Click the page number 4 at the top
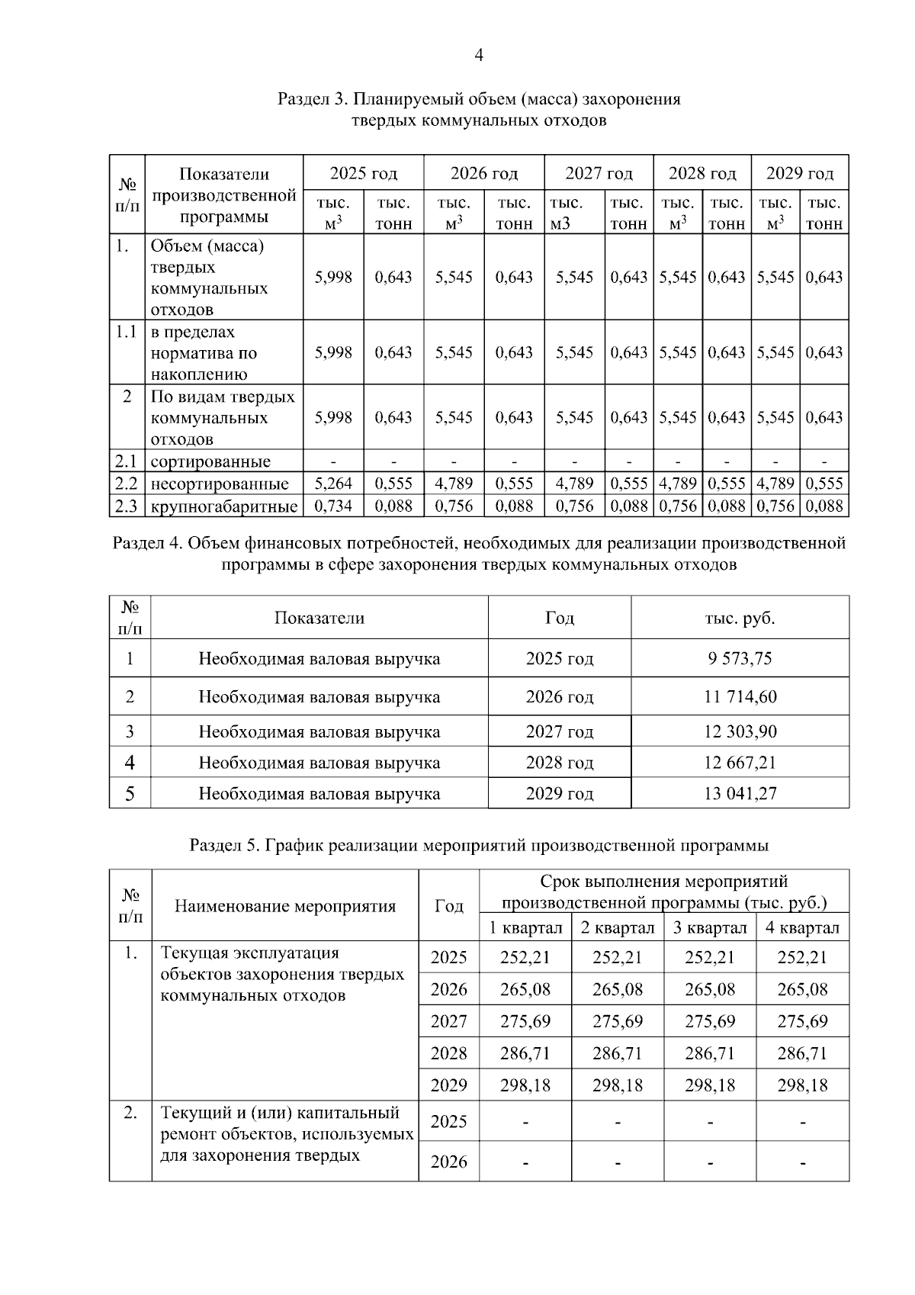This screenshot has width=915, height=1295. [478, 55]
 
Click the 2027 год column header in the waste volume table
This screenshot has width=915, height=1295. [599, 174]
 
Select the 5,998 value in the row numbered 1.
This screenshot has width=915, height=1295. [333, 278]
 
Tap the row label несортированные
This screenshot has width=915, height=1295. [220, 484]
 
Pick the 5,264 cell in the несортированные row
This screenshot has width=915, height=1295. [333, 484]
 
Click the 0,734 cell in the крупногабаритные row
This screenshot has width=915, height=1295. [333, 506]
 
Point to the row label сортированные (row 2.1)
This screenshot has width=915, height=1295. [210, 462]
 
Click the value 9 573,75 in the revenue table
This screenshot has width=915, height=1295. [740, 658]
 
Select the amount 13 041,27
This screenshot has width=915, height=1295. [740, 793]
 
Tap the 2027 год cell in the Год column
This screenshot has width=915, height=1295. [559, 732]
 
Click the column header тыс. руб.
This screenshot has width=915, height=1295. [740, 618]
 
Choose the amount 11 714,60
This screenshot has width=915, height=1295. [740, 697]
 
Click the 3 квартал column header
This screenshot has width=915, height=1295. [709, 928]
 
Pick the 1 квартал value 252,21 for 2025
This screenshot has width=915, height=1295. [525, 958]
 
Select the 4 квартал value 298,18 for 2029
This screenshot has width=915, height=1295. [802, 1085]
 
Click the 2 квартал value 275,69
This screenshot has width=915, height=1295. [617, 1021]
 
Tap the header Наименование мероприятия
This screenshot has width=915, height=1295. [285, 906]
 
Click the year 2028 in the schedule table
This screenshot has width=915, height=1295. [448, 1053]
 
